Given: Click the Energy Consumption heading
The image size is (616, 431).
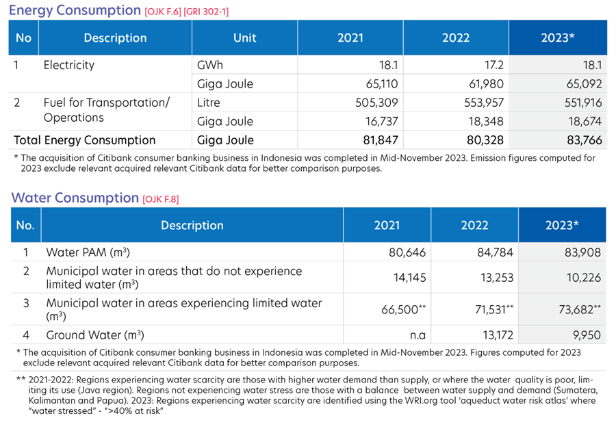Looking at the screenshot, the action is click(75, 10).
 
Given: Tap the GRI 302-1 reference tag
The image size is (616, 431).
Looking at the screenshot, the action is click(206, 12).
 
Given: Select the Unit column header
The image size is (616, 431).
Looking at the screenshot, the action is click(245, 38).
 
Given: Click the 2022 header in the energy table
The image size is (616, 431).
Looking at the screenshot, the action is click(456, 38).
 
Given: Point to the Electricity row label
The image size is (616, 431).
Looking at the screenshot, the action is click(68, 65).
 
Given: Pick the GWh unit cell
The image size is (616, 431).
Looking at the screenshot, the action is click(210, 65).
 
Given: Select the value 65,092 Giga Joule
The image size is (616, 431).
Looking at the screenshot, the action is click(584, 83).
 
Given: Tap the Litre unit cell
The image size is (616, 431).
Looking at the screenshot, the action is click(208, 103).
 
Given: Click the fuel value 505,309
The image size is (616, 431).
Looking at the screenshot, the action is click(376, 103).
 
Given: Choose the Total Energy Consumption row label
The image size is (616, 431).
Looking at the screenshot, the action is click(84, 140).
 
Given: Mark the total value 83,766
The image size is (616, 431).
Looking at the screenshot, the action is click(585, 140).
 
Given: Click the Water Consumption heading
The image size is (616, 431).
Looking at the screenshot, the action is click(75, 198).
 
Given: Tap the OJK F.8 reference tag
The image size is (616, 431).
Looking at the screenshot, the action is click(161, 199).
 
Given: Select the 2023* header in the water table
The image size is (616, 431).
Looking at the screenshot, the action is click(562, 225).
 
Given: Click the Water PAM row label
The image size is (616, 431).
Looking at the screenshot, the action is click(88, 252).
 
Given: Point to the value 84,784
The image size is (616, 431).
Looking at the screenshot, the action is click(495, 252).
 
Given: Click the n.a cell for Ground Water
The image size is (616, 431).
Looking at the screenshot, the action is click(418, 335).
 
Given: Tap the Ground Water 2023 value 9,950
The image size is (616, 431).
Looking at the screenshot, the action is click(587, 335).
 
